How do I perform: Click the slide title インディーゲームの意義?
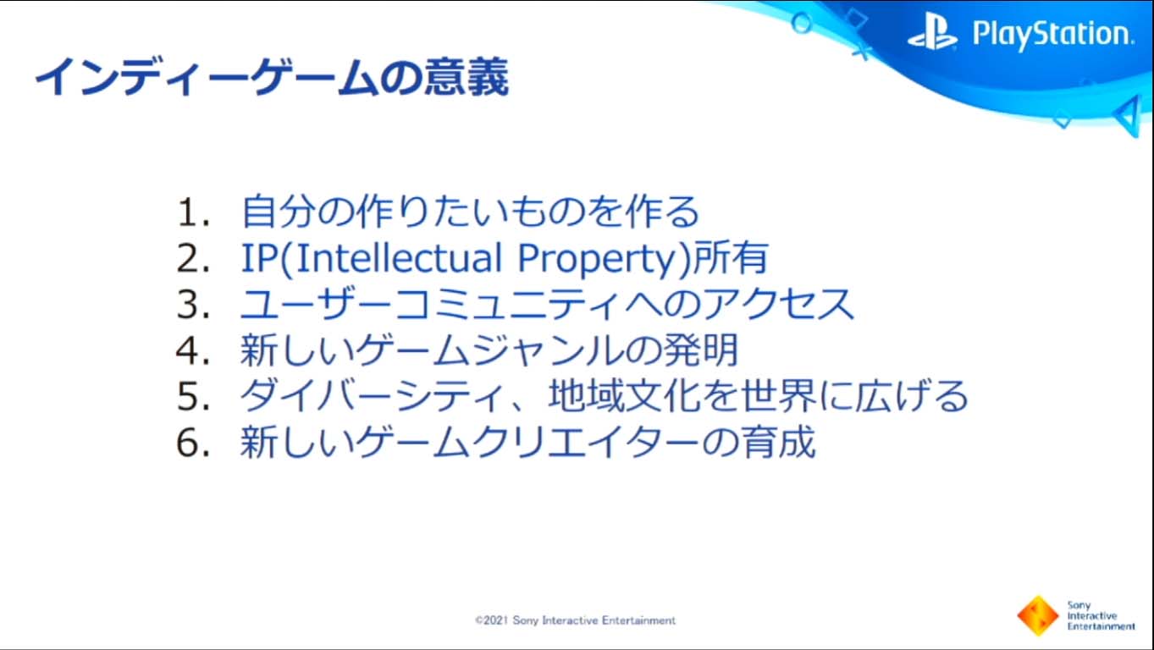coord(272,78)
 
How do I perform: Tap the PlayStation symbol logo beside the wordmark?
coord(932,33)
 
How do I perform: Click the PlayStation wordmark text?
coord(1053,35)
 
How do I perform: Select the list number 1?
coord(193,212)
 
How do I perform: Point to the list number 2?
coord(193,258)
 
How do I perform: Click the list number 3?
coord(193,305)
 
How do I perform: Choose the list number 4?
coord(193,350)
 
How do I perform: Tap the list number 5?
coord(193,397)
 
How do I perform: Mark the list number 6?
coord(193,443)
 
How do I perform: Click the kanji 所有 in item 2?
coord(732,257)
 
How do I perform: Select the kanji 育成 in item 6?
coord(779,442)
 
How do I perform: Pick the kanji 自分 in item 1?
coord(279,212)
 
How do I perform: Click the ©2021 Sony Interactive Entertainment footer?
coord(575,620)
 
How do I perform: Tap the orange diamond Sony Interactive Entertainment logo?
coord(1037,615)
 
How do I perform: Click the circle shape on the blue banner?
coord(802,23)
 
